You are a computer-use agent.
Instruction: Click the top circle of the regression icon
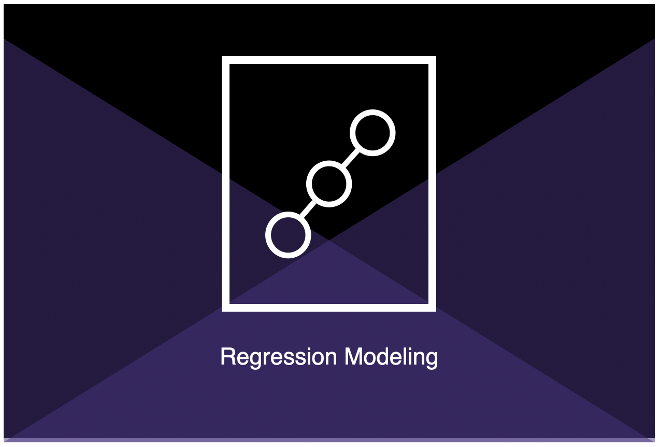[372, 113]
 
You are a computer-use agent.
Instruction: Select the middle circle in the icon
[329, 163]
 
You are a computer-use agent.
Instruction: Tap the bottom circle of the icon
[288, 215]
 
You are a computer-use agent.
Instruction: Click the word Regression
[278, 357]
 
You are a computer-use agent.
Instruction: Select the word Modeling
[391, 357]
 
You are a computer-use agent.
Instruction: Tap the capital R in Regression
[228, 356]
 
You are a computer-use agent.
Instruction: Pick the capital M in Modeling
[353, 356]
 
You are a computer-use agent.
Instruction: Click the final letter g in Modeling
[432, 360]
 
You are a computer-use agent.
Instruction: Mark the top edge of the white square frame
[329, 60]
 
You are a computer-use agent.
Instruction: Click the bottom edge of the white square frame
[329, 308]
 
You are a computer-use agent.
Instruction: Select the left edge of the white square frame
[225, 184]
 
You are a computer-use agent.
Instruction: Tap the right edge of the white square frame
[432, 184]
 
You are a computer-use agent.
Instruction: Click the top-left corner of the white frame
[222, 57]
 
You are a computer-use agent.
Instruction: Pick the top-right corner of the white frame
[436, 57]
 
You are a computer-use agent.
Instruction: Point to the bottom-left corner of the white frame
[222, 311]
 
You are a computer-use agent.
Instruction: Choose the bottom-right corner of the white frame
[436, 311]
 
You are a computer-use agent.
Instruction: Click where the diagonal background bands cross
[329, 240]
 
